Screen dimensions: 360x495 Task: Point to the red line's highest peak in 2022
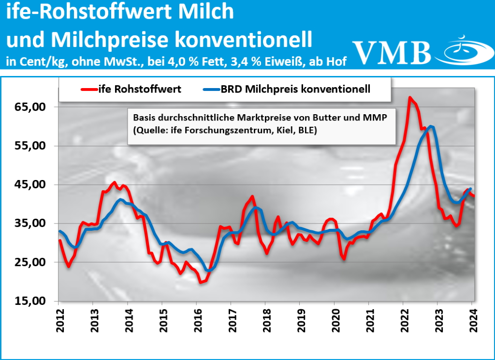[410, 98]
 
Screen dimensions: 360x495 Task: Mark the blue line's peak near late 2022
[431, 127]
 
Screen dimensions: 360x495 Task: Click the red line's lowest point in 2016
[201, 282]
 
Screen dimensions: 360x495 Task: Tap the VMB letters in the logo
[392, 52]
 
